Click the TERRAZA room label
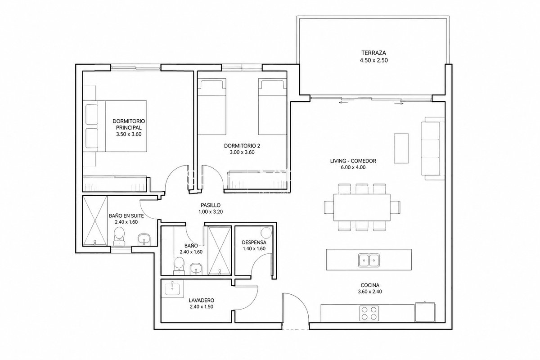pyautogui.click(x=373, y=53)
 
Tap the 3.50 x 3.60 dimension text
pyautogui.click(x=129, y=134)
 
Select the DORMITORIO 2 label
pyautogui.click(x=242, y=146)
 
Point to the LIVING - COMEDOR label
pyautogui.click(x=353, y=161)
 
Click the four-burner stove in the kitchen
pyautogui.click(x=369, y=313)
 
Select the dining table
pyautogui.click(x=362, y=207)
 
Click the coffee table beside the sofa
pyautogui.click(x=401, y=148)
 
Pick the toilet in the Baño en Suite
pyautogui.click(x=119, y=237)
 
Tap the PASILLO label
pyautogui.click(x=211, y=205)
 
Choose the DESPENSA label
pyautogui.click(x=254, y=243)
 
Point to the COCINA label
pyautogui.click(x=370, y=285)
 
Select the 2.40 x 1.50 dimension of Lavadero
pyautogui.click(x=202, y=307)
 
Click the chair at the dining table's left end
pyautogui.click(x=329, y=207)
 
